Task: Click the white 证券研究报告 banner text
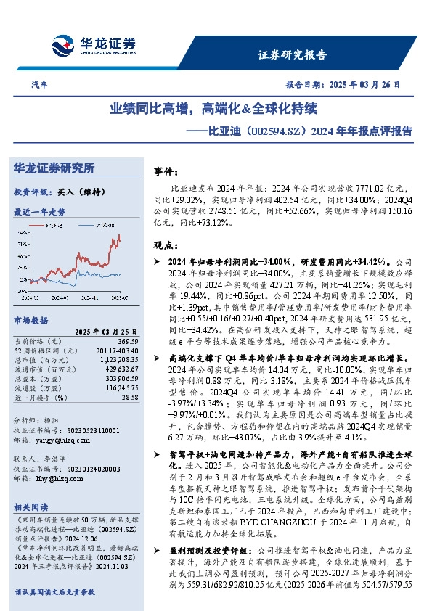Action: click(x=293, y=54)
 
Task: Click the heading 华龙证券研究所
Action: click(x=54, y=168)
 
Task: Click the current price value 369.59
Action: click(x=129, y=340)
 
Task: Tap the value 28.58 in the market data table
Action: click(x=130, y=397)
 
